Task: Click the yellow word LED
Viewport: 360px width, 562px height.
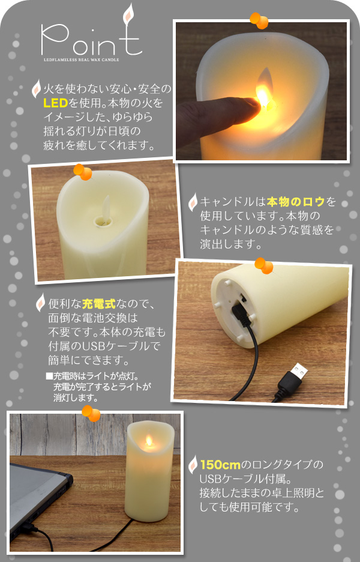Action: point(56,103)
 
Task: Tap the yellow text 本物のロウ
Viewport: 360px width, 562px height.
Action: point(296,202)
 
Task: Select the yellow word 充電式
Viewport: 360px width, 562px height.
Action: point(99,304)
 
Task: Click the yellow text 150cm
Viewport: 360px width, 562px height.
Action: point(220,465)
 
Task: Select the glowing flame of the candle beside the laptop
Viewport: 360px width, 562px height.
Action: point(149,441)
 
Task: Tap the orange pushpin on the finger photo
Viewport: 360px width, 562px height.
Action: point(259,20)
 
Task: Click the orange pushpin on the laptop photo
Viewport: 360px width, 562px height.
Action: point(91,413)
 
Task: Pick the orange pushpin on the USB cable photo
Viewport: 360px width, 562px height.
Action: point(264,265)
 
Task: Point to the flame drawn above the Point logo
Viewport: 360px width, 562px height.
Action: point(128,14)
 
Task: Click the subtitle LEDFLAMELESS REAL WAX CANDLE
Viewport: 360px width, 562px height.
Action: point(82,59)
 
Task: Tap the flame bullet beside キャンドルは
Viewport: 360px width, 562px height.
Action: point(193,202)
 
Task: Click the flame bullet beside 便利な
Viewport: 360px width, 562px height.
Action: point(40,303)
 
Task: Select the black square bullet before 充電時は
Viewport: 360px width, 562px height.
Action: point(49,376)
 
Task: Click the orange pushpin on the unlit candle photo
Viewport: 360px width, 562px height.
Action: point(83,172)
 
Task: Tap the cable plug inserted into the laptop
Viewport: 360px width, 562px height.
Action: point(28,527)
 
